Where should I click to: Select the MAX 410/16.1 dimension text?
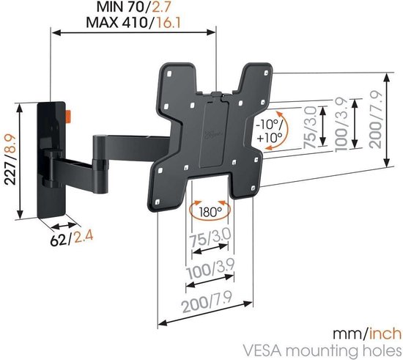coord(135,22)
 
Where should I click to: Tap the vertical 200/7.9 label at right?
coord(377,118)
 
